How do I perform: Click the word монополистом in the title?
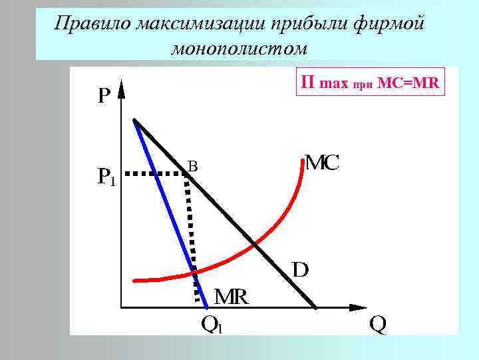click(239, 49)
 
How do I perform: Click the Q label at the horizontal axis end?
click(377, 325)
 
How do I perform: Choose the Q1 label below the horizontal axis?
click(212, 325)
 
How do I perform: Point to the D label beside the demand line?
click(301, 270)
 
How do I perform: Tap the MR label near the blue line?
click(231, 297)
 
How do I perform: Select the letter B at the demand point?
click(192, 165)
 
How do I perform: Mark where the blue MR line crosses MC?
click(194, 272)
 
